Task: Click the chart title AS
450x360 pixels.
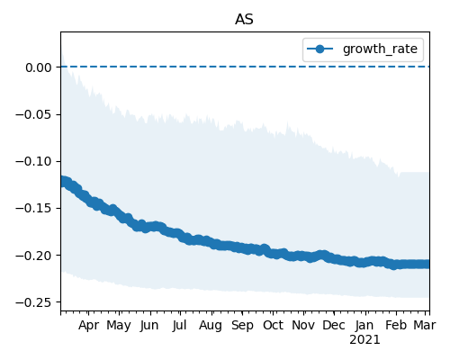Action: [x=244, y=20]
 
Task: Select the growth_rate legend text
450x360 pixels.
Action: [x=380, y=49]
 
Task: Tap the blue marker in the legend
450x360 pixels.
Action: [x=319, y=49]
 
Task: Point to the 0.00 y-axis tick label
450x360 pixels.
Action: [x=39, y=67]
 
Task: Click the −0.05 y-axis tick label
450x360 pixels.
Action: [x=33, y=114]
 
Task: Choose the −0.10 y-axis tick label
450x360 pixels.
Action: [x=33, y=161]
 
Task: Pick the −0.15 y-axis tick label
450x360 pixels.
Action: [x=33, y=208]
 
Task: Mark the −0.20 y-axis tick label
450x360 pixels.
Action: [x=33, y=256]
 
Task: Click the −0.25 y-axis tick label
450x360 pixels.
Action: [x=33, y=302]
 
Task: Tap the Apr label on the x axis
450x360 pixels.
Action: [x=88, y=326]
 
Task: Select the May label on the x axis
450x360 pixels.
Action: [x=119, y=326]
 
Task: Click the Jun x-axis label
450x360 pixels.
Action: [x=149, y=326]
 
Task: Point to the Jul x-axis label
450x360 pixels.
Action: [x=179, y=326]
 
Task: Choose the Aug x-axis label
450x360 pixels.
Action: [x=211, y=326]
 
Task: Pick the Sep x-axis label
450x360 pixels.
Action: [x=242, y=326]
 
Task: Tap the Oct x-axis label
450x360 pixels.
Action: [x=273, y=326]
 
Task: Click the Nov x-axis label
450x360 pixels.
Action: [x=303, y=326]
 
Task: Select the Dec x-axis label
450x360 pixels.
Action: [x=334, y=326]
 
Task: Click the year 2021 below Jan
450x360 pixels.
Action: [x=364, y=340]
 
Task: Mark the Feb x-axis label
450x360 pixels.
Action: [x=396, y=326]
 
